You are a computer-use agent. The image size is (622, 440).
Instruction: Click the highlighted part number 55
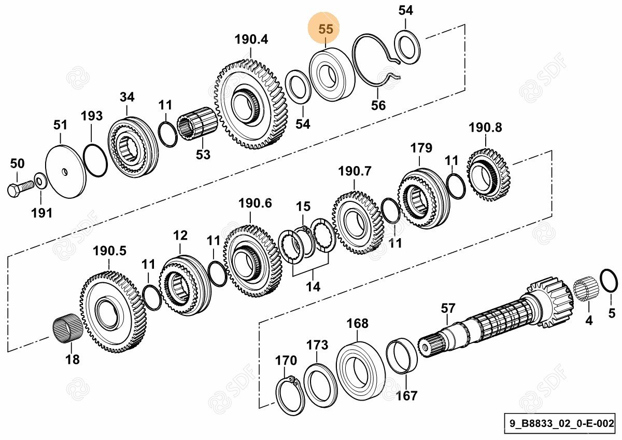pos(326,30)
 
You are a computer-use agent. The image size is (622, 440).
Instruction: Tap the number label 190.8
pos(486,127)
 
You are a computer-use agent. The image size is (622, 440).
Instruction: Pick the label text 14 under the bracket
pos(313,286)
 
